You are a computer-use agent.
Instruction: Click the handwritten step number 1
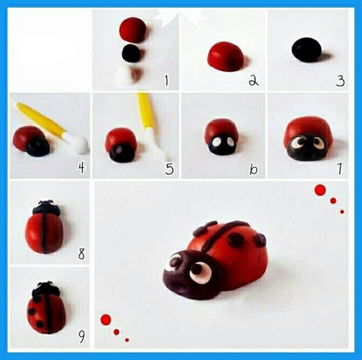point(166,81)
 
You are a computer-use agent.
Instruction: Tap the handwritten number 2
point(253,81)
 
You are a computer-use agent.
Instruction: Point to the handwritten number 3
point(340,81)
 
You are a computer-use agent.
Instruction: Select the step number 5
point(169,169)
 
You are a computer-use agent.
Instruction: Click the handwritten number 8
point(81,254)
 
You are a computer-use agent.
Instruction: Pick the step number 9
point(81,337)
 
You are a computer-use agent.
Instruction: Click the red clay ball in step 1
point(133,29)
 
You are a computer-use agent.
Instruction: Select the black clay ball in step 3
point(306,50)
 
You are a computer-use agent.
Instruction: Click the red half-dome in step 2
point(226,56)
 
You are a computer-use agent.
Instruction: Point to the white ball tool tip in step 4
point(78,144)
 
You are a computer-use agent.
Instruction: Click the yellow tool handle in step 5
point(145,111)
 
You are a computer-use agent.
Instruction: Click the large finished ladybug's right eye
point(200,272)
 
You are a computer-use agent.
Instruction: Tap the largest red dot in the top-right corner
point(320,190)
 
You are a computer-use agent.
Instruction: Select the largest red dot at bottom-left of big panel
point(106,319)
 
